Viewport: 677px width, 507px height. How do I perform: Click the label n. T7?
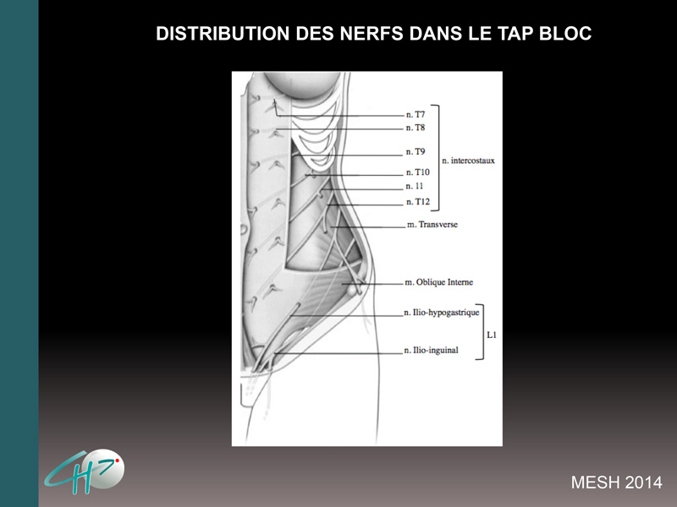coord(416,115)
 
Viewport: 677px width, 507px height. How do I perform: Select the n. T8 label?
coord(416,128)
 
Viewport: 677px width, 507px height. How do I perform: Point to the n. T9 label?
coord(416,152)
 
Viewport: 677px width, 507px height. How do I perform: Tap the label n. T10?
coord(418,172)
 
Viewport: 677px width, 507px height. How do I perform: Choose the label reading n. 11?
coord(415,186)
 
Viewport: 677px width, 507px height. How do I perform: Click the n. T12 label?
coord(418,202)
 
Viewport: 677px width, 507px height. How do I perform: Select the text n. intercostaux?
coord(469,161)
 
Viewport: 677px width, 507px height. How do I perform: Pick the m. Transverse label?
coord(432,225)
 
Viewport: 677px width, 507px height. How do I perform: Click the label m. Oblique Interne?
coord(438,282)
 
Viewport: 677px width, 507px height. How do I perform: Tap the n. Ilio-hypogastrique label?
coord(442,313)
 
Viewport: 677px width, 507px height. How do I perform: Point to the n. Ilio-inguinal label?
coord(431,350)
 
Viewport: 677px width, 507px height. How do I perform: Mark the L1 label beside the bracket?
coord(492,335)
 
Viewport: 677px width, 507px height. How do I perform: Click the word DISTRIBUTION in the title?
coord(223,34)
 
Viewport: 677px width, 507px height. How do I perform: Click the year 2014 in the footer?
coord(643,482)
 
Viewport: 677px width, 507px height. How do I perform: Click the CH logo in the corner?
coord(84,472)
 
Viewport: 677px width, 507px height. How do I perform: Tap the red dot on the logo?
coord(117,461)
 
